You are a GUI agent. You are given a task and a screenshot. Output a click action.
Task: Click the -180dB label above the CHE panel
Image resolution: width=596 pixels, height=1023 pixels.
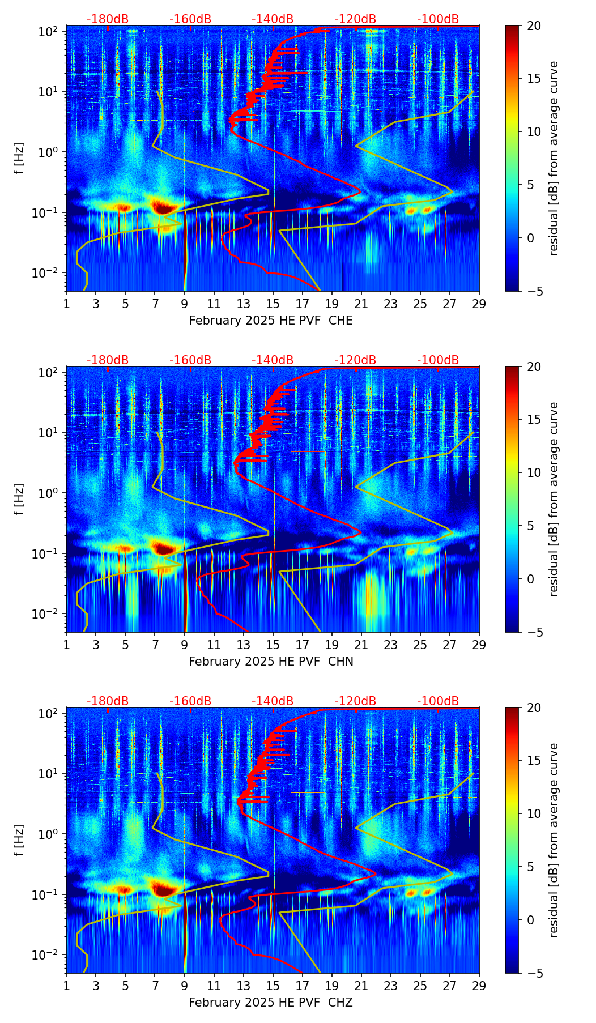click(108, 20)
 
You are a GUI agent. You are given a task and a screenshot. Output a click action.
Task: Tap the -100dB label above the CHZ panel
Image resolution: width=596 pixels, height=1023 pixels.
click(438, 701)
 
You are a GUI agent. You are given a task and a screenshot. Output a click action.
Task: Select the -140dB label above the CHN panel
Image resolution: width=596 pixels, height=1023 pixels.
click(273, 360)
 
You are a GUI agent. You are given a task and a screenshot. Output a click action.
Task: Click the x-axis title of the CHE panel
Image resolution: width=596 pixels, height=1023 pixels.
click(271, 321)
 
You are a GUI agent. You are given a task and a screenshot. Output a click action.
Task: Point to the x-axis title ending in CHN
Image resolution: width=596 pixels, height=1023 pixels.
click(271, 662)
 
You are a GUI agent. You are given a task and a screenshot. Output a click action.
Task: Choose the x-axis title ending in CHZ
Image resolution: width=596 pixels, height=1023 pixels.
click(271, 1003)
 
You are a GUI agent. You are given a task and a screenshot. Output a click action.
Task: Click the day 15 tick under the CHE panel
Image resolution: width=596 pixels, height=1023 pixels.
click(273, 303)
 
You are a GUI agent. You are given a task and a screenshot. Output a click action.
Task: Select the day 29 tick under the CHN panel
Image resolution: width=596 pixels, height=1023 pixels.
click(479, 644)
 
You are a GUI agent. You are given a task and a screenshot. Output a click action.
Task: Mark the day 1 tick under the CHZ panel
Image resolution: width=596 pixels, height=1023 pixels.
click(66, 985)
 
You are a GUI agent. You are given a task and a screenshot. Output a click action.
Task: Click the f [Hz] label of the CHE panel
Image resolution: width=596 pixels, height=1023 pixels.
click(20, 159)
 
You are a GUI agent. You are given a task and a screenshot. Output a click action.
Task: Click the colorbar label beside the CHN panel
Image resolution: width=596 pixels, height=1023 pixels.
click(554, 499)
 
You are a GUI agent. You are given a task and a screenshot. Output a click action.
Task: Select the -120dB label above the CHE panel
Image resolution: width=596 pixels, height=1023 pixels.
click(355, 20)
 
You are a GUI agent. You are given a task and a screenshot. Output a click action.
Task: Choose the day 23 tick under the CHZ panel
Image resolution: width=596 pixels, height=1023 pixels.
click(391, 985)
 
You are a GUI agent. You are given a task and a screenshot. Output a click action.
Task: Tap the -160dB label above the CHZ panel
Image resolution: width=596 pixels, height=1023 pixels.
click(190, 701)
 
